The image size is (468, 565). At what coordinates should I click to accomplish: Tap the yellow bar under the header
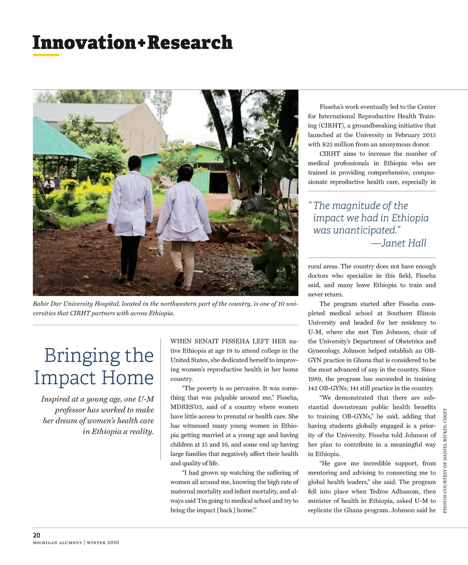coord(46,55)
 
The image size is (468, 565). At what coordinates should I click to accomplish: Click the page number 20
coord(37,535)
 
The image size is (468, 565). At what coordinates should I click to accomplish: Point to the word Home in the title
coord(128,378)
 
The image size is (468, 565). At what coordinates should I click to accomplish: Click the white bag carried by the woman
coord(160,247)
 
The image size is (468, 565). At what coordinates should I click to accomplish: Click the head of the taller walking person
coord(134,163)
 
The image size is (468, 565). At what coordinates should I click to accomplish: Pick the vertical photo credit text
coord(445,460)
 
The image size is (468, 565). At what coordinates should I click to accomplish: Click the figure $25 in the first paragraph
coord(329,144)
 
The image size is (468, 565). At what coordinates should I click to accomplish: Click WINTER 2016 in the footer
coord(103,543)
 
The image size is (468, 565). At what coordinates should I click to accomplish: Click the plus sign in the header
coord(142,43)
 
